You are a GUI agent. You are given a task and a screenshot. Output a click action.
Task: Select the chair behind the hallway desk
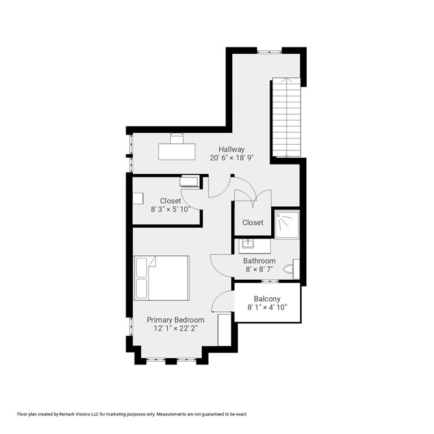tap(177, 137)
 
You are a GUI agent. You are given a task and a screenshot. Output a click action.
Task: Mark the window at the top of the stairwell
tap(270, 51)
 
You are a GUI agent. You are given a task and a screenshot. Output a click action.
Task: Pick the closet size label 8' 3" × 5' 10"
tap(170, 209)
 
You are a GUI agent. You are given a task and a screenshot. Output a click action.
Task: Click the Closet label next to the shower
tap(253, 223)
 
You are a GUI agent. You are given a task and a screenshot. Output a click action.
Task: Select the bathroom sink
tap(248, 245)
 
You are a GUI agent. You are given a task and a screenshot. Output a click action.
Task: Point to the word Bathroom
tap(259, 261)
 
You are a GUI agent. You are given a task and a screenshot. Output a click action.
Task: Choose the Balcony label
tap(267, 299)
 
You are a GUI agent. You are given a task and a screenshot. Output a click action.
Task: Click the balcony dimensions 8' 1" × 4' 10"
tap(267, 308)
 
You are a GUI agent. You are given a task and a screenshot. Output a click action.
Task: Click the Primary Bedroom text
tap(176, 320)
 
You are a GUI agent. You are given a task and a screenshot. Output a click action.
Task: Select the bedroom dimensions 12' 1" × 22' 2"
tap(176, 329)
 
